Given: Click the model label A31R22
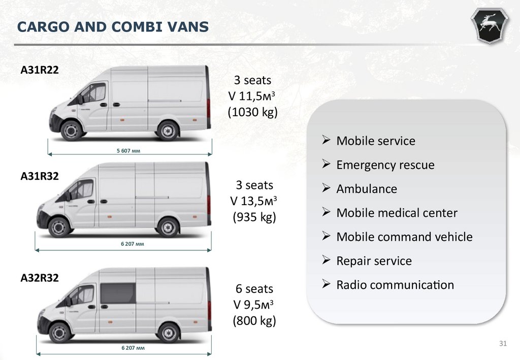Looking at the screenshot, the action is click(x=40, y=71).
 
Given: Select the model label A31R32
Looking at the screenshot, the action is click(x=40, y=176).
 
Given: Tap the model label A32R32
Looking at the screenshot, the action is click(x=40, y=278).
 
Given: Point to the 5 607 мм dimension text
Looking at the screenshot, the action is click(x=128, y=151).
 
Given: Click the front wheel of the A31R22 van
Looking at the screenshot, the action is click(x=71, y=130).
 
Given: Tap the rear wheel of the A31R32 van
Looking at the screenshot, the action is click(x=168, y=227).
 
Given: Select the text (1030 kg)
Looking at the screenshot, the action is click(x=252, y=112).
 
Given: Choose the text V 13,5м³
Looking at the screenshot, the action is click(x=254, y=201).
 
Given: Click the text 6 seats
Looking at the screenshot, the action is click(x=254, y=289).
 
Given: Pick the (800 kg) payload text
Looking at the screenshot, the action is click(x=254, y=320).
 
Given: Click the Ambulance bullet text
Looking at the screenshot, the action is click(x=367, y=189).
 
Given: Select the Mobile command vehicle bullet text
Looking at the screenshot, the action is click(x=404, y=237).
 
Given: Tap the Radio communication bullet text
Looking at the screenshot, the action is click(x=395, y=285).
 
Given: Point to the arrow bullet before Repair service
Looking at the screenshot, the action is click(x=327, y=260).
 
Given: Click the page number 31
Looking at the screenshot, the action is click(x=503, y=345).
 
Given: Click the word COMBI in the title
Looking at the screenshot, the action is click(x=118, y=27).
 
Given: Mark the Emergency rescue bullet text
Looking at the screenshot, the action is click(x=385, y=165).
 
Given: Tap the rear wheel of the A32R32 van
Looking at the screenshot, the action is click(x=168, y=333).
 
